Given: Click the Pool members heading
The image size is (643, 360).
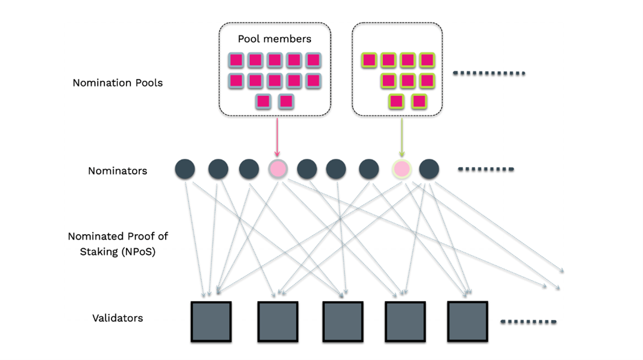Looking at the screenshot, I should pos(274,39).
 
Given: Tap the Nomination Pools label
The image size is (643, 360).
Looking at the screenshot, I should pos(118,83).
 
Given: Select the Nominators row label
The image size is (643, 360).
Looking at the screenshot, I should pos(118,171).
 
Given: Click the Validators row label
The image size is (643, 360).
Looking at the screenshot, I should pos(118,318).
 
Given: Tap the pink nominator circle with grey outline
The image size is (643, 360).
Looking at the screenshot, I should pos(277,169).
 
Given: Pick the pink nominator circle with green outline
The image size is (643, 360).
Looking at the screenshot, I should pos(402,169).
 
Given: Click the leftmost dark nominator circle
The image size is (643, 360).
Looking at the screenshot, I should pos(185,169).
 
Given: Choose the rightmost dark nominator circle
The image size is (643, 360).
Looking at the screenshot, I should pos(429,169).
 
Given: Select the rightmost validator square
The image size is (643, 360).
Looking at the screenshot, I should pos(467,321).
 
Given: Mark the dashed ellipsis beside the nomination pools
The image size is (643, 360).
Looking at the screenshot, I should pos(489,73).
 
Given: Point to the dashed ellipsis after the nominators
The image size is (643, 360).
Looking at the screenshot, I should pos(486,169).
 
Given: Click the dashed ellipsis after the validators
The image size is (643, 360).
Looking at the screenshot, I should pos(528,322).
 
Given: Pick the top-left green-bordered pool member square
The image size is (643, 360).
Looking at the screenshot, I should pos(370,60).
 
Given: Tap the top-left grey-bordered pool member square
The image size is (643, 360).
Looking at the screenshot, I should pos(236,60).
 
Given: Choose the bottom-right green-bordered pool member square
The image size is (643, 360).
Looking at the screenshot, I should pos(419,102).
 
